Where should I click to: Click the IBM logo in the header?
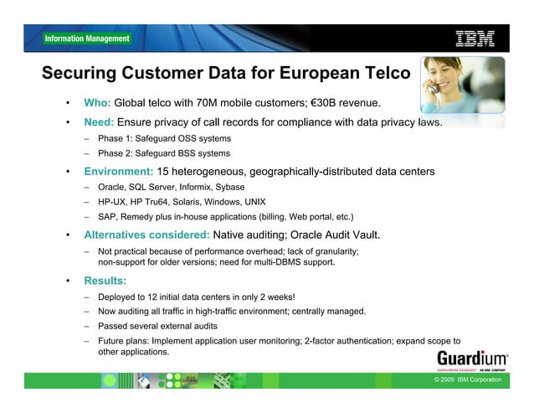[x=475, y=38]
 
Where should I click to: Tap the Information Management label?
[x=87, y=39]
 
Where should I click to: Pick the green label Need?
[x=100, y=125]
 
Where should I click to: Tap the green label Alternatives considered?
[x=147, y=234]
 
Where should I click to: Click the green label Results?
[x=105, y=281]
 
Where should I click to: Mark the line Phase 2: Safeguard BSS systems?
[x=164, y=153]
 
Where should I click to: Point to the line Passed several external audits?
[x=157, y=325]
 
